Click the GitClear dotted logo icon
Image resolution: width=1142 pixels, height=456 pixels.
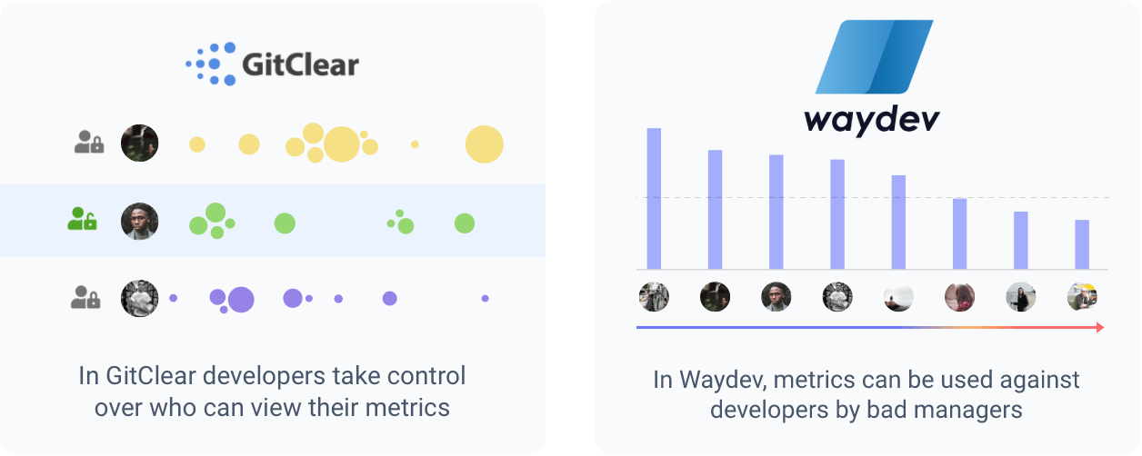tap(213, 64)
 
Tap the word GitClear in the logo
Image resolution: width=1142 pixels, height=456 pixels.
tap(300, 65)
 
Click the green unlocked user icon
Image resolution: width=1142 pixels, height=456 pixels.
tap(82, 219)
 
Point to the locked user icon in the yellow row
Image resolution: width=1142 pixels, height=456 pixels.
tap(88, 142)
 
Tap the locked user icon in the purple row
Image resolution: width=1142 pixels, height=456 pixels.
tap(85, 297)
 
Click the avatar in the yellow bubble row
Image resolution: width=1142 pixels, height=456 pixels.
tap(140, 143)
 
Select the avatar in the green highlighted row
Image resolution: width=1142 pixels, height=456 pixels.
tap(140, 221)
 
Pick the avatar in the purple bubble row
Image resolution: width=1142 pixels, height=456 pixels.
tap(140, 298)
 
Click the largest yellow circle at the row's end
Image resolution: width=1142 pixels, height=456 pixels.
tap(484, 144)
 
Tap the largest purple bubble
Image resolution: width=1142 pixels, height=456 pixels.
tap(241, 299)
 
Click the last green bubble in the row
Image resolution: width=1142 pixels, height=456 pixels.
tap(465, 223)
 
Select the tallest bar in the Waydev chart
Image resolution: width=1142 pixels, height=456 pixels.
tap(654, 198)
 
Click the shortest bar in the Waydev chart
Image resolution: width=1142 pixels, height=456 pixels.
tap(1082, 244)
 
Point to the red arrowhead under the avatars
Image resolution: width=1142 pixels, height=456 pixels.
tap(1100, 327)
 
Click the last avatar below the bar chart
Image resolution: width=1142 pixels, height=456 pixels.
tap(1082, 297)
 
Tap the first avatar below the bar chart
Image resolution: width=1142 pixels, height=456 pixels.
tap(654, 297)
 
